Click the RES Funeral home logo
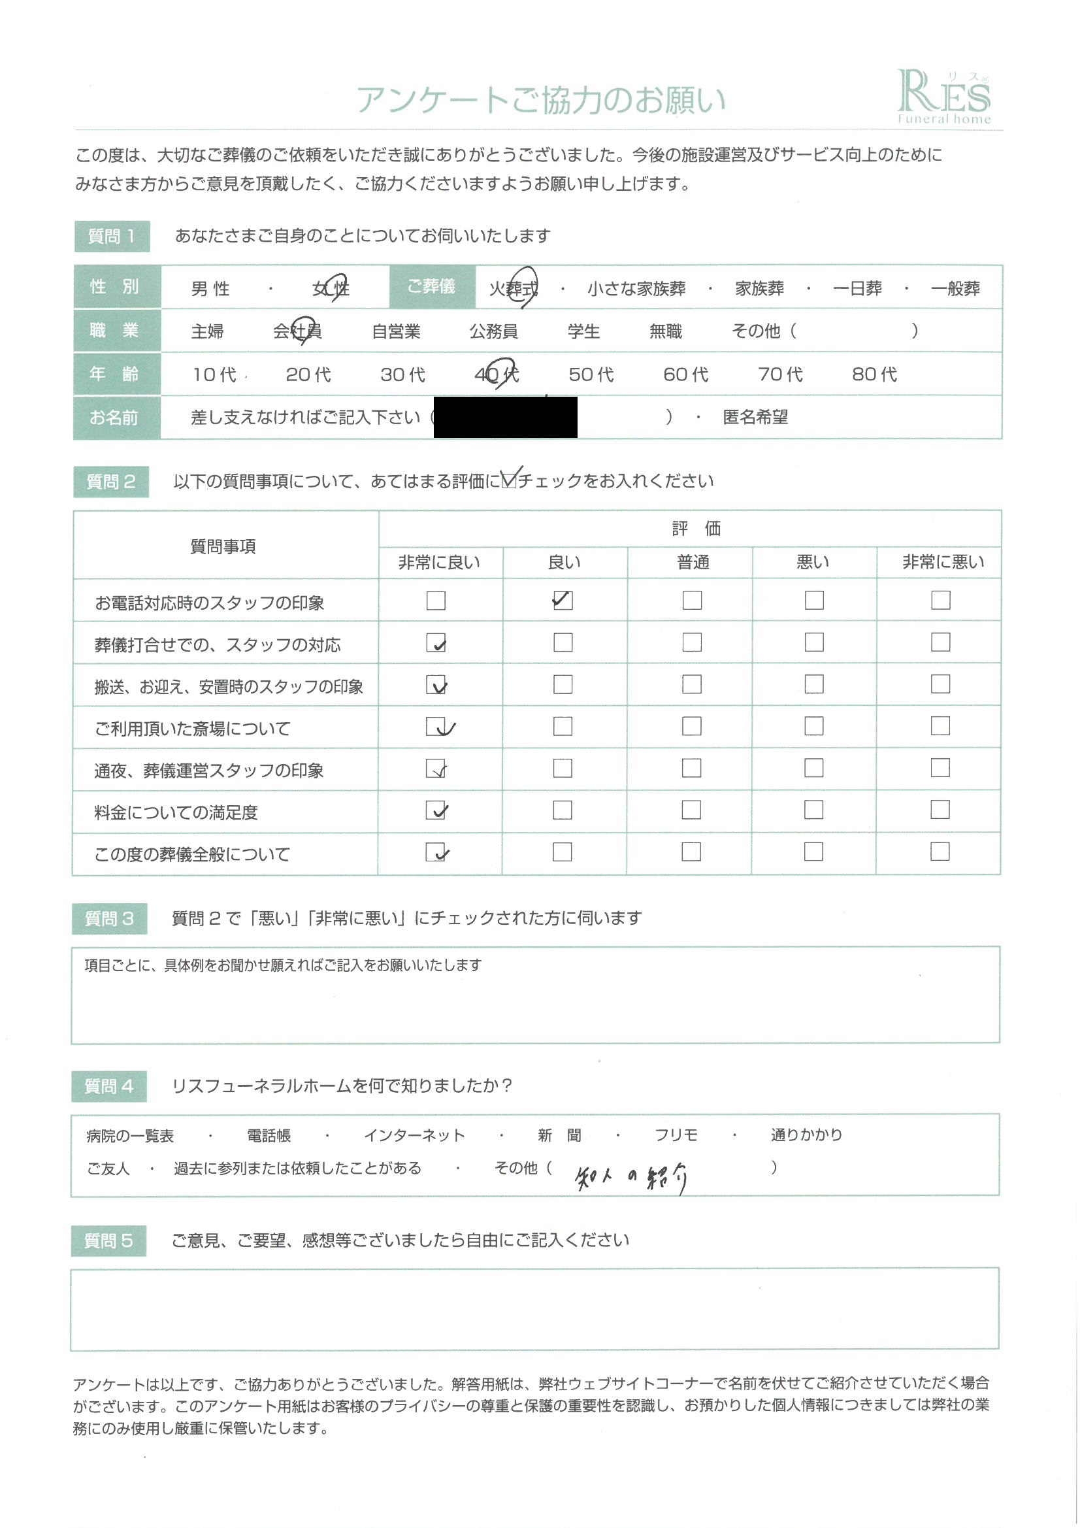[943, 97]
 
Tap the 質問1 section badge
[112, 236]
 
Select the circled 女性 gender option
[331, 288]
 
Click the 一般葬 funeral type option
[955, 288]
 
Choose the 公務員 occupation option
[493, 331]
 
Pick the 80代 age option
[874, 374]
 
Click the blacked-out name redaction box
[505, 417]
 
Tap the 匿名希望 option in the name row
[755, 417]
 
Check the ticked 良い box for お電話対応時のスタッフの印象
[563, 600]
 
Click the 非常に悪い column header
[943, 562]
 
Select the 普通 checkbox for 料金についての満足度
[691, 810]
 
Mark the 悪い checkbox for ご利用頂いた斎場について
[814, 726]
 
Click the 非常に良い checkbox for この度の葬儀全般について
[436, 852]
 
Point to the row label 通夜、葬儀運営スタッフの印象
[209, 771]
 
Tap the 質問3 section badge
[109, 919]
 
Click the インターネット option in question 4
[414, 1135]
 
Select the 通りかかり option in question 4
[806, 1135]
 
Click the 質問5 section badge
[108, 1240]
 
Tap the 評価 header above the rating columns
[695, 529]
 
